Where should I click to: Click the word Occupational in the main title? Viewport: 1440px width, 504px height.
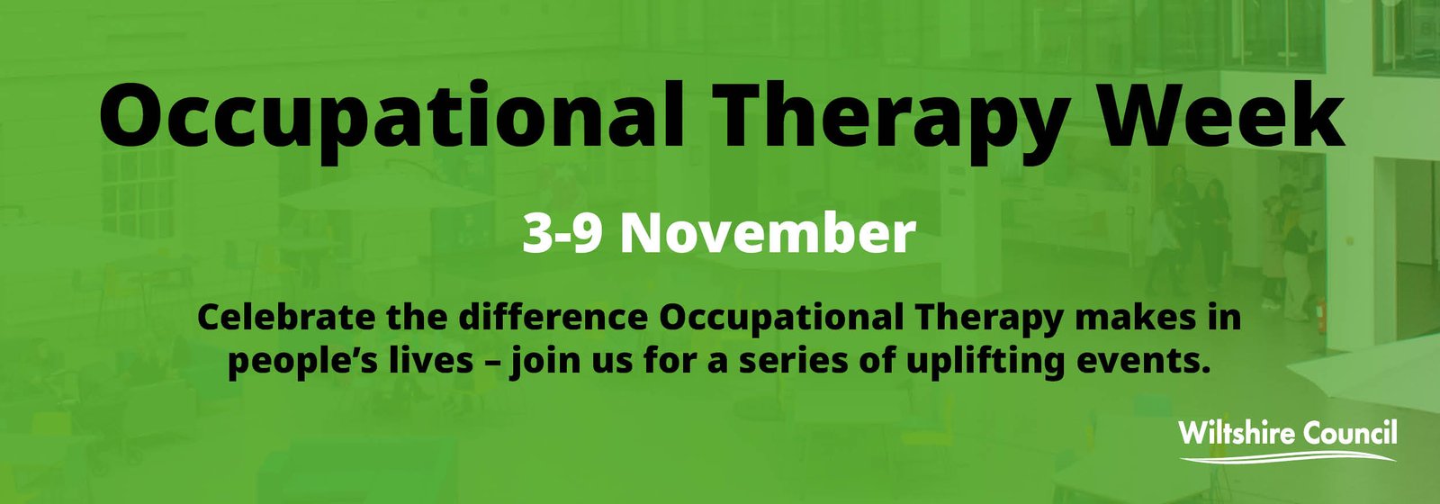coord(391,114)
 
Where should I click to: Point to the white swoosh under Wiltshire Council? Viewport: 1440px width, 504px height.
coord(1287,457)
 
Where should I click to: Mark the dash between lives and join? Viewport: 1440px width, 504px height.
coord(491,361)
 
